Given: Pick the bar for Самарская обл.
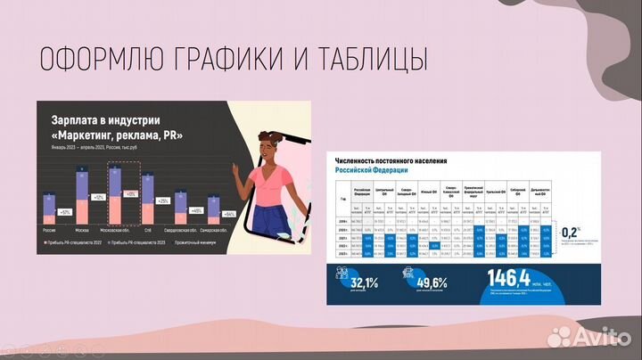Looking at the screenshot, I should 206,210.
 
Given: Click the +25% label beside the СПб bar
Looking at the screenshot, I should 162,201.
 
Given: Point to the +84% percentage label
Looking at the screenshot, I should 229,215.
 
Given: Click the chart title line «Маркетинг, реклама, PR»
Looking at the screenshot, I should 117,135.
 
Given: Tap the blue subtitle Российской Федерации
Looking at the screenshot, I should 371,168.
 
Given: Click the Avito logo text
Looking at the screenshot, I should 599,337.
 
